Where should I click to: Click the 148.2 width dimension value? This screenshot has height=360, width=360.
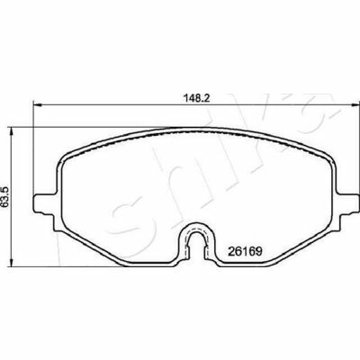(196, 98)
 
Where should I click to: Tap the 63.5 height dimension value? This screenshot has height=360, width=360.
(6, 196)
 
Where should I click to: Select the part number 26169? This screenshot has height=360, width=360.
(245, 251)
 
